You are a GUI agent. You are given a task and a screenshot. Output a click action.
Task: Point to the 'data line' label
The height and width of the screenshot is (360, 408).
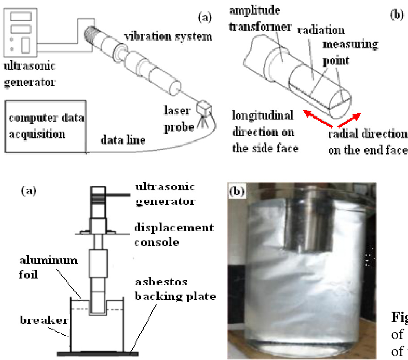[123, 140]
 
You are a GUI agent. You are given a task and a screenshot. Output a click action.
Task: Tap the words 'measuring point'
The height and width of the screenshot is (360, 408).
[349, 52]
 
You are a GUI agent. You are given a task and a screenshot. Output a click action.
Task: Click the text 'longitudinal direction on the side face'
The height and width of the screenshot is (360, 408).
[264, 132]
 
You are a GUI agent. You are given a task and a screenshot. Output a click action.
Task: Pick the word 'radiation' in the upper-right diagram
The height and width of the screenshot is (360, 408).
[321, 30]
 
